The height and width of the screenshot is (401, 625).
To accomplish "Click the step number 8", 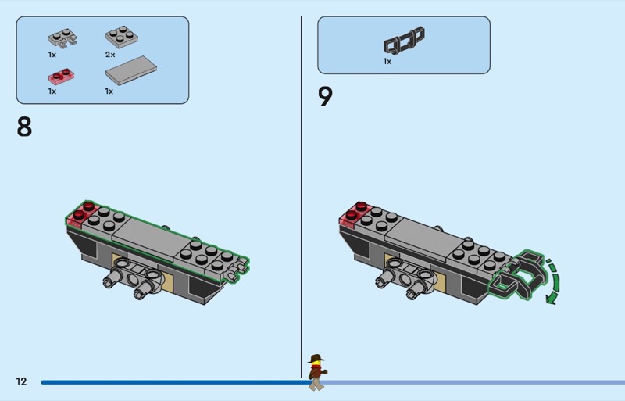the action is (24, 127).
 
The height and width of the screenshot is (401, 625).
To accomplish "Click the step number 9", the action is (325, 97).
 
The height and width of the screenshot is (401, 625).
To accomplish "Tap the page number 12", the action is (21, 381).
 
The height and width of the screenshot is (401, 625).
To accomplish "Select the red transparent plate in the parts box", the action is (61, 76).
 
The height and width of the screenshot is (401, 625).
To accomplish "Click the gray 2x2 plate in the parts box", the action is (122, 37).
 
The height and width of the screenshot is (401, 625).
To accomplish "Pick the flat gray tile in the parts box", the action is (130, 70).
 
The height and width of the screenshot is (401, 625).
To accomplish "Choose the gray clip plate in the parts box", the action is (62, 38).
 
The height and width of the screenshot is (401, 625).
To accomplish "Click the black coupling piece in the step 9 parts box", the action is (404, 40).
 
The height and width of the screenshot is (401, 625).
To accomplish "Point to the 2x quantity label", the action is (110, 55).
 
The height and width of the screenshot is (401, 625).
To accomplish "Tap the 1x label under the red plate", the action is (52, 91).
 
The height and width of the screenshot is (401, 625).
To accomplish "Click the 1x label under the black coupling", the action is (387, 62).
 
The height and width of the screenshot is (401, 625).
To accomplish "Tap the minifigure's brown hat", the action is (316, 358).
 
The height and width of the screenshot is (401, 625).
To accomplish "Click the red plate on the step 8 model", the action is (81, 214).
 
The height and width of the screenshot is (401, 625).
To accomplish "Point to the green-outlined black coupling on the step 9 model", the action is (517, 274).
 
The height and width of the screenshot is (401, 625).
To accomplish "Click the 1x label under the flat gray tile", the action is (109, 91).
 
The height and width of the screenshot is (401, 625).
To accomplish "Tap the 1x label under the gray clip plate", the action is (52, 55).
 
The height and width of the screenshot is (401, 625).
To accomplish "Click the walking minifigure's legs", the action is (316, 384).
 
